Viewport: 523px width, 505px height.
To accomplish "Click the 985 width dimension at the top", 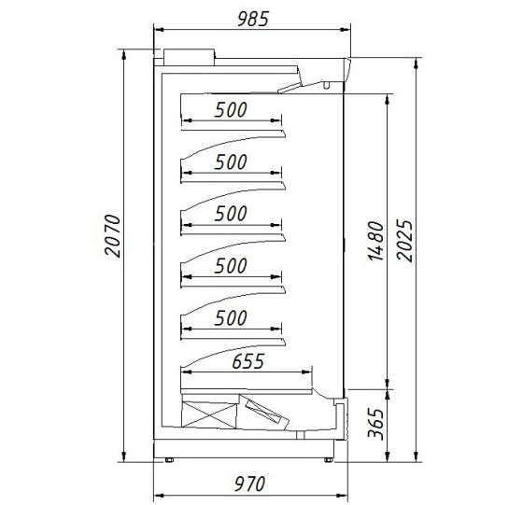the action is tap(253, 19).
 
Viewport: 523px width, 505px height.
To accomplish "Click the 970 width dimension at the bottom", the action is tap(250, 484).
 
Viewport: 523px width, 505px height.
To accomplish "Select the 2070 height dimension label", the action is tap(112, 235).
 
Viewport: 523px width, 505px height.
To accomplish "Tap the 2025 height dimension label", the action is tap(405, 240).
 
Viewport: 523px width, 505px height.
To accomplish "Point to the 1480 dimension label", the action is tap(375, 240).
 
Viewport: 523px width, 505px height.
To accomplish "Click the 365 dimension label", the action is tap(375, 423).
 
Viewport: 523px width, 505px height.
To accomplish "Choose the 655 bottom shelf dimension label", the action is tap(248, 361).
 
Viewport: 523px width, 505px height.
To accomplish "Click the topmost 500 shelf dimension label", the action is tap(231, 109).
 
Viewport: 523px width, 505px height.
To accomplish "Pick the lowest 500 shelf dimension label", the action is tap(231, 318).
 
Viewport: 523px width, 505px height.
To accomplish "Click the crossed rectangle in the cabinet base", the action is tap(209, 414).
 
